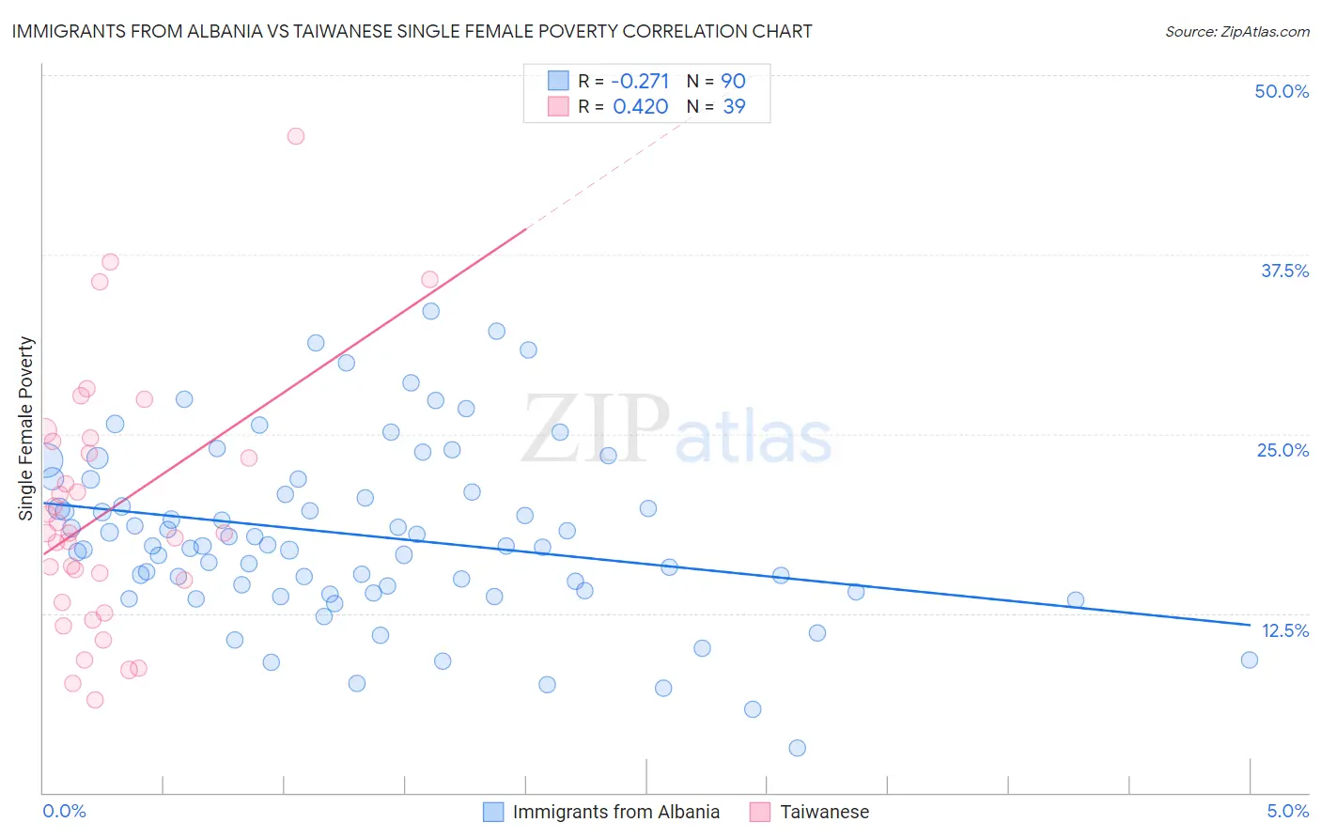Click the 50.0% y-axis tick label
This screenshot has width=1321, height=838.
[x=1282, y=91]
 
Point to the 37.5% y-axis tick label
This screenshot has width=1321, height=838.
[x=1284, y=271]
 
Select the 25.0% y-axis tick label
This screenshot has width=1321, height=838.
[x=1282, y=450]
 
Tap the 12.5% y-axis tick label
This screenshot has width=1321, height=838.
[x=1284, y=630]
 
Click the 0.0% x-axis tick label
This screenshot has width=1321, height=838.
[x=64, y=811]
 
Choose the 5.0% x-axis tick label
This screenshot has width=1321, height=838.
[x=1287, y=811]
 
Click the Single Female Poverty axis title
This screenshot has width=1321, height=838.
[x=26, y=428]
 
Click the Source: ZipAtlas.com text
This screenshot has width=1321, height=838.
[x=1236, y=31]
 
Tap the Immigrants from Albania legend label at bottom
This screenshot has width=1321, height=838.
[x=615, y=812]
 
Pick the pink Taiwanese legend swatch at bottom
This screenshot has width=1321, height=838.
[x=759, y=812]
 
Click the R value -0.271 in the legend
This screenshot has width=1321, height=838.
[x=640, y=81]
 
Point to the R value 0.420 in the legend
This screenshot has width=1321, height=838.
[x=640, y=106]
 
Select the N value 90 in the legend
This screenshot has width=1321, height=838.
[x=733, y=81]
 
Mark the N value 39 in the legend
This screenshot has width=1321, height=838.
[x=734, y=106]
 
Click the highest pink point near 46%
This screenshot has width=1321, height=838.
[x=295, y=136]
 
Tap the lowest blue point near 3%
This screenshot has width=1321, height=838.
[x=797, y=748]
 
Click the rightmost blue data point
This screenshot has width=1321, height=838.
[x=1249, y=660]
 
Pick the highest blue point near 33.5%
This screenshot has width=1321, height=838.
[x=430, y=311]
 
